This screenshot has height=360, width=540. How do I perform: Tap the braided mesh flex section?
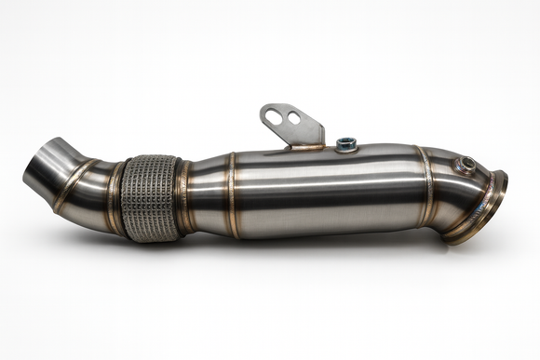click(x=151, y=196)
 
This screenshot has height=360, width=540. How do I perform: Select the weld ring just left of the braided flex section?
click(x=116, y=196)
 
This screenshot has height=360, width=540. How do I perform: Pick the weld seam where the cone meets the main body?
click(x=231, y=193)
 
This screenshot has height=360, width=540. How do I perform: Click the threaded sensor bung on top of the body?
click(x=347, y=143)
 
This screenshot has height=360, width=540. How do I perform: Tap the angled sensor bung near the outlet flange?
click(x=466, y=165)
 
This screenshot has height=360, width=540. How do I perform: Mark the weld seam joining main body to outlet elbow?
click(x=426, y=186)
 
